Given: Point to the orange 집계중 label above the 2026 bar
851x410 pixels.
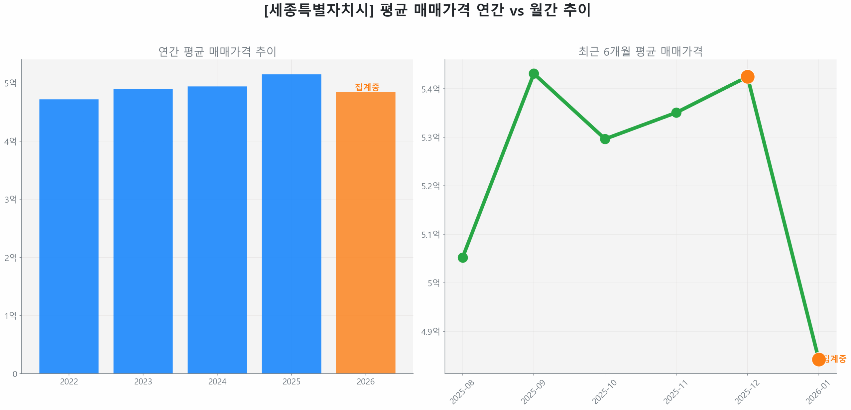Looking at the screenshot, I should [367, 87].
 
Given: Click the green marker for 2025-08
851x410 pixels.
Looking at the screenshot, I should [462, 257].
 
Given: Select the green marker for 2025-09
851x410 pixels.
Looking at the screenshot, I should [534, 73].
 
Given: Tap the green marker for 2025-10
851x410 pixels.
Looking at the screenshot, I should [605, 139].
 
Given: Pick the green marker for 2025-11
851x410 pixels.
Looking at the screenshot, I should [676, 113].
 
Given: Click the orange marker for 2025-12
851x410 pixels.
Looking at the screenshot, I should [747, 77].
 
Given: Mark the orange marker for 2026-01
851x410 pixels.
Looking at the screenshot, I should [818, 359].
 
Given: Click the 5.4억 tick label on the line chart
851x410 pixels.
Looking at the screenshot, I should [430, 89].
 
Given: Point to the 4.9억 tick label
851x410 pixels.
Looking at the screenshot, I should [430, 331].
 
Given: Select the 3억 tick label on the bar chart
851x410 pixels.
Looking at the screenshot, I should [10, 199].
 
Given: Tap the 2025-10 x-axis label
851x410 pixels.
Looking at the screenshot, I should [604, 392].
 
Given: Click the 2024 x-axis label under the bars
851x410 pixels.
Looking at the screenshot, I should [217, 381].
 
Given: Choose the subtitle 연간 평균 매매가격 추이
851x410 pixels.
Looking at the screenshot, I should [217, 51].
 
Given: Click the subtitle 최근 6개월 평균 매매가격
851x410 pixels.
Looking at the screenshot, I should [640, 51].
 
